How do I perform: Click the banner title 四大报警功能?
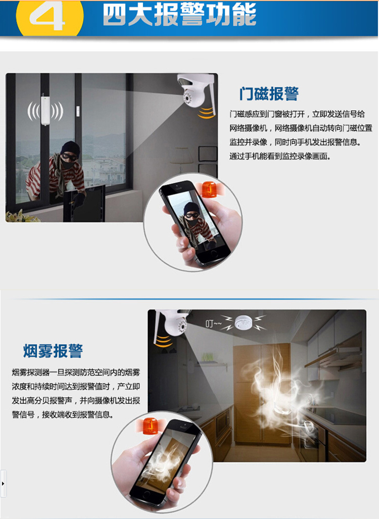[179, 15]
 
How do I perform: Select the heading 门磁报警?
[269, 93]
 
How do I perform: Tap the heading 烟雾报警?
[53, 351]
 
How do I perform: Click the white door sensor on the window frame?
[44, 111]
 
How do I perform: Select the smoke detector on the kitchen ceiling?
[243, 323]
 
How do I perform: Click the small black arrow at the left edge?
[3, 484]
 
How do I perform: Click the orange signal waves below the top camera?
[206, 113]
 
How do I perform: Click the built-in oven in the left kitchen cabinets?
[223, 422]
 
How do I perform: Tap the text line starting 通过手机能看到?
[280, 156]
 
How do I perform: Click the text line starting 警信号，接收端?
[63, 414]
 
